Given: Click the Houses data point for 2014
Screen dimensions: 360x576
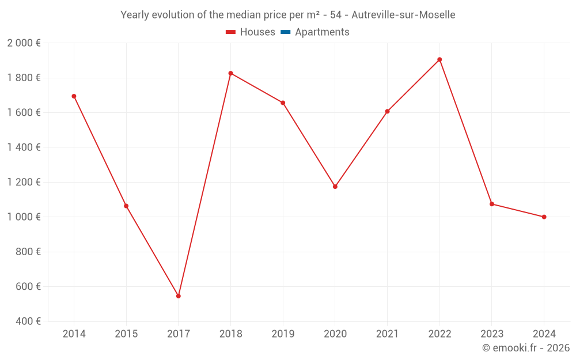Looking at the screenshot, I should click(74, 96).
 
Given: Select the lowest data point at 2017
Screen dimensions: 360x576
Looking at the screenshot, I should click(179, 296).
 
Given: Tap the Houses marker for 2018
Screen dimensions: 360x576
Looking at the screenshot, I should click(230, 73).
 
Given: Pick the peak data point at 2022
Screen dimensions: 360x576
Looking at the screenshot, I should click(439, 59).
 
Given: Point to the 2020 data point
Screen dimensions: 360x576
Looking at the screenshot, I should click(335, 187).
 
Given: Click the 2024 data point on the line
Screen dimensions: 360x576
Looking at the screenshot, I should click(544, 217).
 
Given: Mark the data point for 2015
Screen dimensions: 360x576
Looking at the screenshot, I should click(126, 206).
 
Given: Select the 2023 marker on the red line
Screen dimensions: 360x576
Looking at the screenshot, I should click(492, 204).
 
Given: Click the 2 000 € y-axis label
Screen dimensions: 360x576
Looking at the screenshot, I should click(24, 43).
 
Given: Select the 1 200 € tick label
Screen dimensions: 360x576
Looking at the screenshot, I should click(24, 182).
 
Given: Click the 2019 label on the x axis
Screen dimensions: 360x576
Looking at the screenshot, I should click(283, 334).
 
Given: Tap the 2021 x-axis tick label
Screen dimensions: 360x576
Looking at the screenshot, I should click(387, 334).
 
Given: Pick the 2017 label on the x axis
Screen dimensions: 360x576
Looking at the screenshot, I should click(179, 334).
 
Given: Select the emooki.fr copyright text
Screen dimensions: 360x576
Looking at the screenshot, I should click(526, 348).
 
